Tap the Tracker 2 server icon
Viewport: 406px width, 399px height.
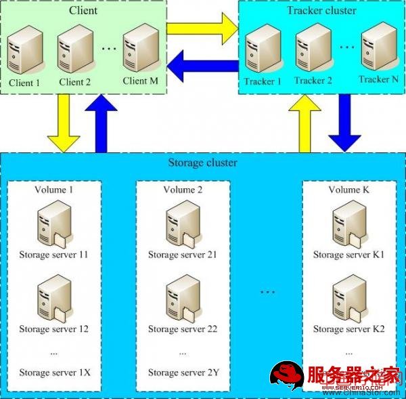[x=311, y=49]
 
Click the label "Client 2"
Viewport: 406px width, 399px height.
[x=74, y=83]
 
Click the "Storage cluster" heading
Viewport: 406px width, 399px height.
[x=202, y=163]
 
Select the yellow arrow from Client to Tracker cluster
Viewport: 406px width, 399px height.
[x=201, y=28]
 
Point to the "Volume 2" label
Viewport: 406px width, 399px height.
[x=183, y=190]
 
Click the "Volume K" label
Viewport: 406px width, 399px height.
[x=348, y=190]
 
